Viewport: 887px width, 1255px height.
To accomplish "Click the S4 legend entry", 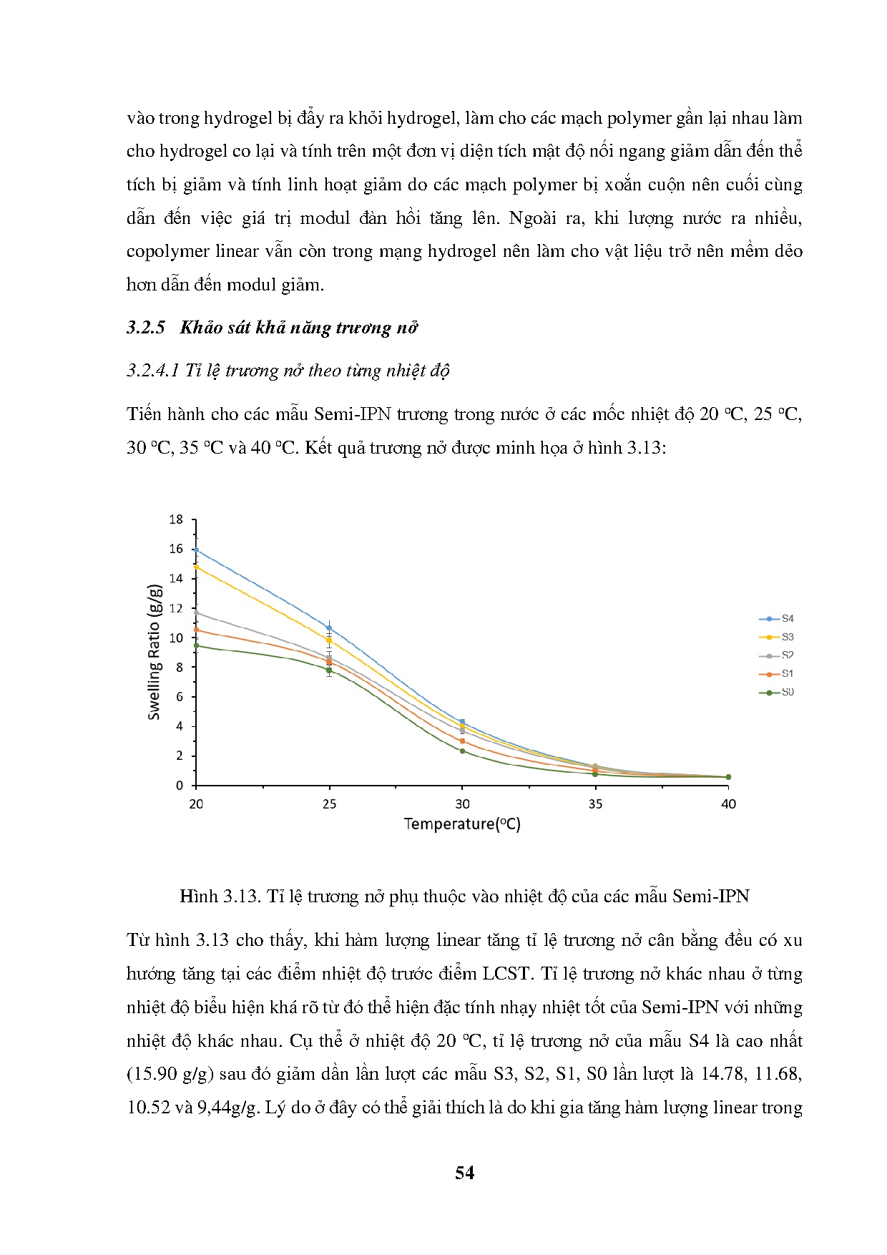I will (x=777, y=618).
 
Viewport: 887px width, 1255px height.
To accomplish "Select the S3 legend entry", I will (x=777, y=637).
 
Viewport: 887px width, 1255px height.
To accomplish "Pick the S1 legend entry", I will (x=777, y=673).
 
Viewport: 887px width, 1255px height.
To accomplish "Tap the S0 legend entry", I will (x=777, y=692).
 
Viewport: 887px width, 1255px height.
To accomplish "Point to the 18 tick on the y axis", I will (x=176, y=519).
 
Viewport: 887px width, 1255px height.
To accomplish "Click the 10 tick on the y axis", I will (x=176, y=638).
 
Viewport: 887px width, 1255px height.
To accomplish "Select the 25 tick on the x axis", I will (x=329, y=804).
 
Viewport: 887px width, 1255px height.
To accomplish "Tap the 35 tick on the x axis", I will (x=595, y=804).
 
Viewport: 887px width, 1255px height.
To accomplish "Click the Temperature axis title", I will (x=462, y=824).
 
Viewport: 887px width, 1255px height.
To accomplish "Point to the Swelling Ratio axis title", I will (x=155, y=653).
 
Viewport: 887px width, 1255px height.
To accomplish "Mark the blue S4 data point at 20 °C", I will (x=196, y=550).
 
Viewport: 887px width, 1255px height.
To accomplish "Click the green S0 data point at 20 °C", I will (x=196, y=645).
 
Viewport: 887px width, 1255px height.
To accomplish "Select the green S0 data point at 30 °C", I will (x=462, y=751).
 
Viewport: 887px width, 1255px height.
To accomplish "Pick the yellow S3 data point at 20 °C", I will (x=196, y=567).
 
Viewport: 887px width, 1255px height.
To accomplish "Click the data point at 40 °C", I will (x=728, y=776).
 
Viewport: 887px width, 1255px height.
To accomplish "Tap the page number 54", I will (x=464, y=1173).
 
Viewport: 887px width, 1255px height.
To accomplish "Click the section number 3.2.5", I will (x=146, y=328).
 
